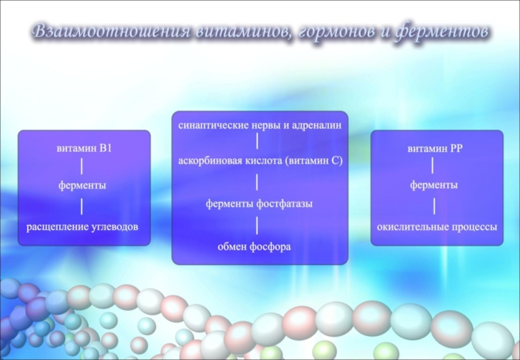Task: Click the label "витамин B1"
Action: pos(84,148)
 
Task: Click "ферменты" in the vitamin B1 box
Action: pos(83,186)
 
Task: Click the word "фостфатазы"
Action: pos(287,203)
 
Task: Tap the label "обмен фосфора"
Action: pos(259,247)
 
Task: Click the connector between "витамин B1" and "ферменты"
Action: pos(83,166)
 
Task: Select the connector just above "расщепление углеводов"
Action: pos(83,206)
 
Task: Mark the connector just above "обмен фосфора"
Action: pos(259,225)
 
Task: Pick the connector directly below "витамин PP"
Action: pos(434,166)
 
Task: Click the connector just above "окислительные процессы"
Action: pos(434,206)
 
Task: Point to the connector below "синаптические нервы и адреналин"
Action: pos(259,141)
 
